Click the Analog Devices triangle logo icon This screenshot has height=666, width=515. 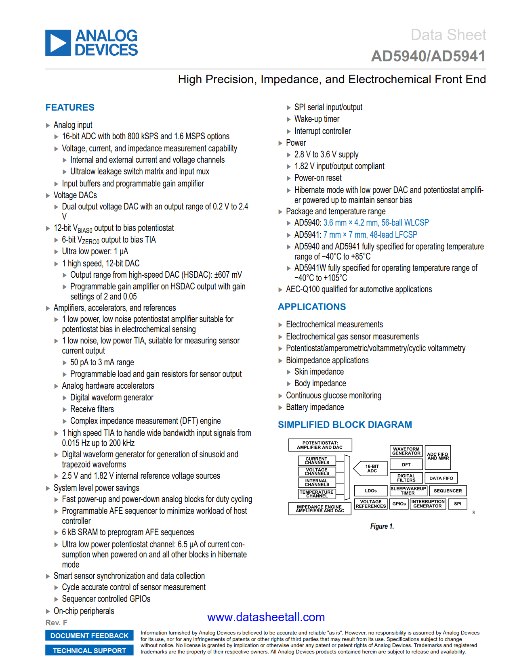pos(58,43)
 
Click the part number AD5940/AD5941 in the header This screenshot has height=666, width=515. pos(428,56)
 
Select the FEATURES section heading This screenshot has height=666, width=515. pos(70,107)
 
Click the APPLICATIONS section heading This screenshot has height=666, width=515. pos(311,307)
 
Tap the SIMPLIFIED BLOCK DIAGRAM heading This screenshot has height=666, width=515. pos(345,425)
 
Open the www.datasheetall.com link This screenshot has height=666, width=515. pos(266,617)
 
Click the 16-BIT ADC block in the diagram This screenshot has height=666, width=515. pos(372,469)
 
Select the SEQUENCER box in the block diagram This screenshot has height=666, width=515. pos(448,491)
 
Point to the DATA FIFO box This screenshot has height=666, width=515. pos(441,478)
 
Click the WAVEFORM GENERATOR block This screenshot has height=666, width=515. pos(406,451)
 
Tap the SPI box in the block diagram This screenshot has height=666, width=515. pos(457,504)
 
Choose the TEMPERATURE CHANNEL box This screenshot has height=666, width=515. pos(317,494)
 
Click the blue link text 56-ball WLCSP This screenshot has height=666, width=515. pos(405,223)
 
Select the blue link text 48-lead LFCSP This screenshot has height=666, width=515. pos(393,235)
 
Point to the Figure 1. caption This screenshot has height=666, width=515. pos(382,526)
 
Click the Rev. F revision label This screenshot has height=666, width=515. pos(56,623)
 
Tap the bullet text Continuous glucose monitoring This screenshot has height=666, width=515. pos(333,396)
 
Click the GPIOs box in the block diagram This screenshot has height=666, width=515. pos(399,504)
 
